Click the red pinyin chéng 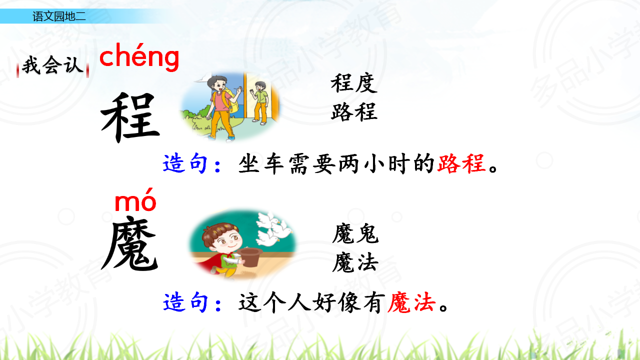click(139, 57)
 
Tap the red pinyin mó click(135, 200)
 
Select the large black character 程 click(130, 117)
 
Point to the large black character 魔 click(130, 243)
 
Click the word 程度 click(354, 83)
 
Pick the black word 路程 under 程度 click(354, 111)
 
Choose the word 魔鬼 click(355, 233)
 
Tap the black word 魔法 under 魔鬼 click(355, 262)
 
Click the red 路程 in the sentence click(461, 163)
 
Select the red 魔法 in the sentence click(411, 302)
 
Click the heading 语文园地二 click(59, 16)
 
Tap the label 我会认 click(53, 65)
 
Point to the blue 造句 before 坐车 click(185, 163)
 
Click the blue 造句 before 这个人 click(185, 302)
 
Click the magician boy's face click(226, 239)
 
